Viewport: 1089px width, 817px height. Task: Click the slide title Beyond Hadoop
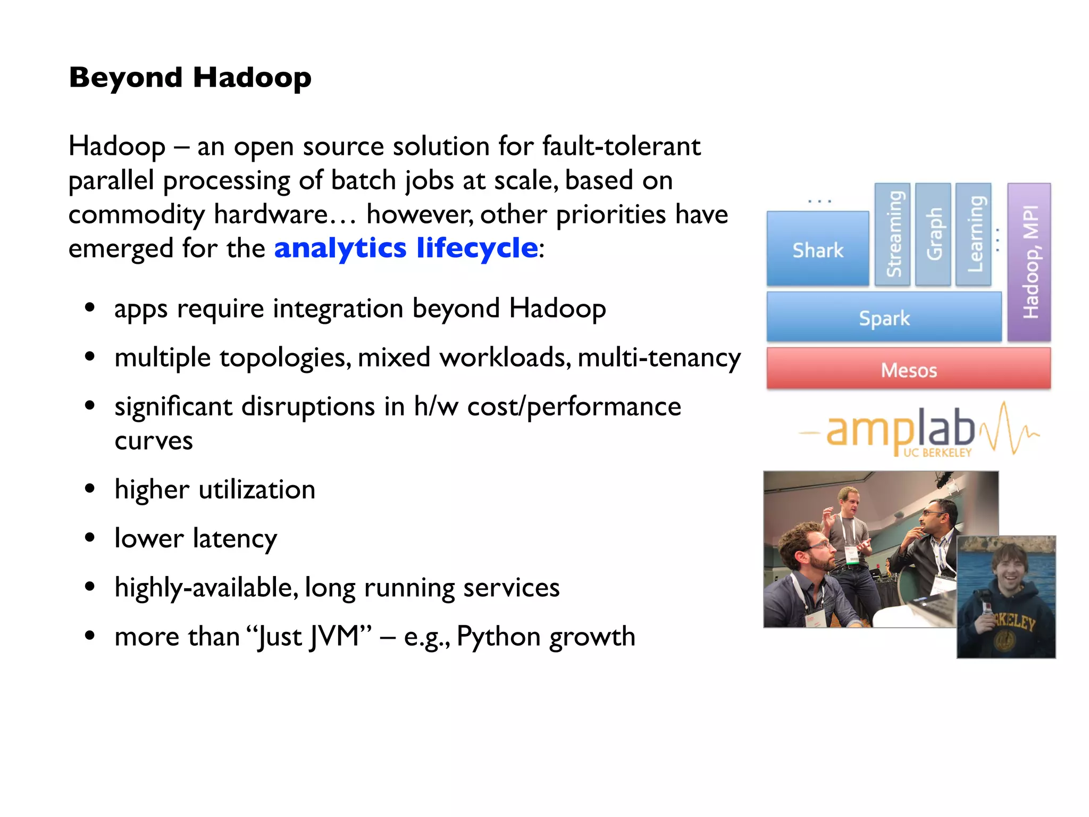pos(190,78)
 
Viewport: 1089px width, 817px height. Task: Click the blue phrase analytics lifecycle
pos(406,248)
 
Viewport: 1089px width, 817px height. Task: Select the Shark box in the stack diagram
pos(818,249)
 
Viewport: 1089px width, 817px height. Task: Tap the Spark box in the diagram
pos(884,318)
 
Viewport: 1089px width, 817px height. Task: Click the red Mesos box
pos(908,370)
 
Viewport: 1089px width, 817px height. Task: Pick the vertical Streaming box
pos(893,234)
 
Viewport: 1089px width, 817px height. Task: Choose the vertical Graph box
pos(933,234)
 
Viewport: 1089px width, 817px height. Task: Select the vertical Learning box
pos(974,234)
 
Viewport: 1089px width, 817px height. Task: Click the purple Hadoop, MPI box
pos(1029,262)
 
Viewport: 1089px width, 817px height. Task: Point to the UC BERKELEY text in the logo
pos(937,453)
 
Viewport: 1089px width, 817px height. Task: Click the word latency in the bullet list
pos(234,539)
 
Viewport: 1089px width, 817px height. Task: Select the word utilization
pos(257,489)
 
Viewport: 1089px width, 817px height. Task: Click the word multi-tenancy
pos(659,357)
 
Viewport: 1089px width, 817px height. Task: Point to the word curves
pos(154,440)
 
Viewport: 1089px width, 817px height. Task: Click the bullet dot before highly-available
pos(90,587)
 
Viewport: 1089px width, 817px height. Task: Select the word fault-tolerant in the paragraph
pos(621,146)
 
